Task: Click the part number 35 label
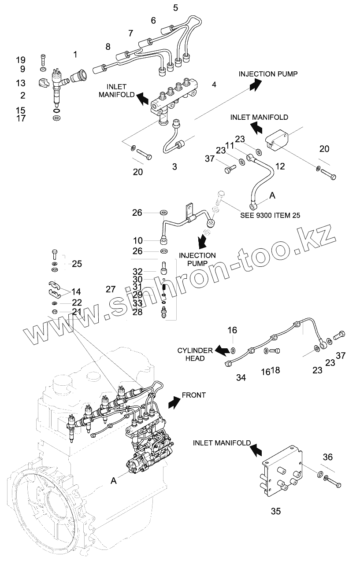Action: click(275, 511)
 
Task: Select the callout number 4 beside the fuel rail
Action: click(214, 84)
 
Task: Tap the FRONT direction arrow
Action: click(174, 402)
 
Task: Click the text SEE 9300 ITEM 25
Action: click(270, 215)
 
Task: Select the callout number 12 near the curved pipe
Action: click(280, 166)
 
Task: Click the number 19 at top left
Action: click(21, 59)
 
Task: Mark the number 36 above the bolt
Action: click(327, 457)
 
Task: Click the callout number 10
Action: click(138, 240)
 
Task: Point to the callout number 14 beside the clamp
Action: click(76, 291)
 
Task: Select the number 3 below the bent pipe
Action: click(174, 167)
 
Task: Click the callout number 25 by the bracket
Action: click(77, 264)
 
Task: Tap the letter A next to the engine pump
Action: click(113, 481)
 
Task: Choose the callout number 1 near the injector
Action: click(75, 55)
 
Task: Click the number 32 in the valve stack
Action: click(137, 271)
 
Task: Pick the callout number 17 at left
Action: click(21, 118)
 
